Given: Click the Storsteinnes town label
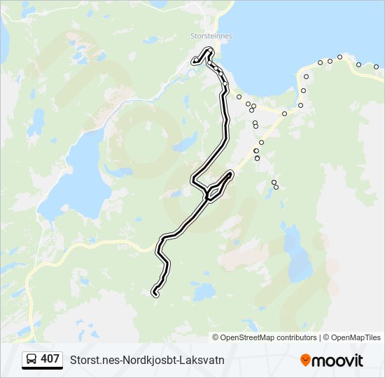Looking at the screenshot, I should pyautogui.click(x=211, y=36).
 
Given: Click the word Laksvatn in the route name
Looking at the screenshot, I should pyautogui.click(x=202, y=360).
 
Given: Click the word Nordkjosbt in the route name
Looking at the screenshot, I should pyautogui.click(x=149, y=360).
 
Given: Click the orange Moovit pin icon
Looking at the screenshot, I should pyautogui.click(x=305, y=360).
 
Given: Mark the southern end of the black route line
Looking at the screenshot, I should pyautogui.click(x=155, y=295).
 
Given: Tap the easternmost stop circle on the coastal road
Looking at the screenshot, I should pyautogui.click(x=376, y=67).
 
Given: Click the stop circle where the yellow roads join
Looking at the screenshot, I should pyautogui.click(x=285, y=113).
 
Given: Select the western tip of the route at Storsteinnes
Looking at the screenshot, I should pyautogui.click(x=195, y=62).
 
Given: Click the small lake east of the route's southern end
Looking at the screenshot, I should pyautogui.click(x=205, y=290).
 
